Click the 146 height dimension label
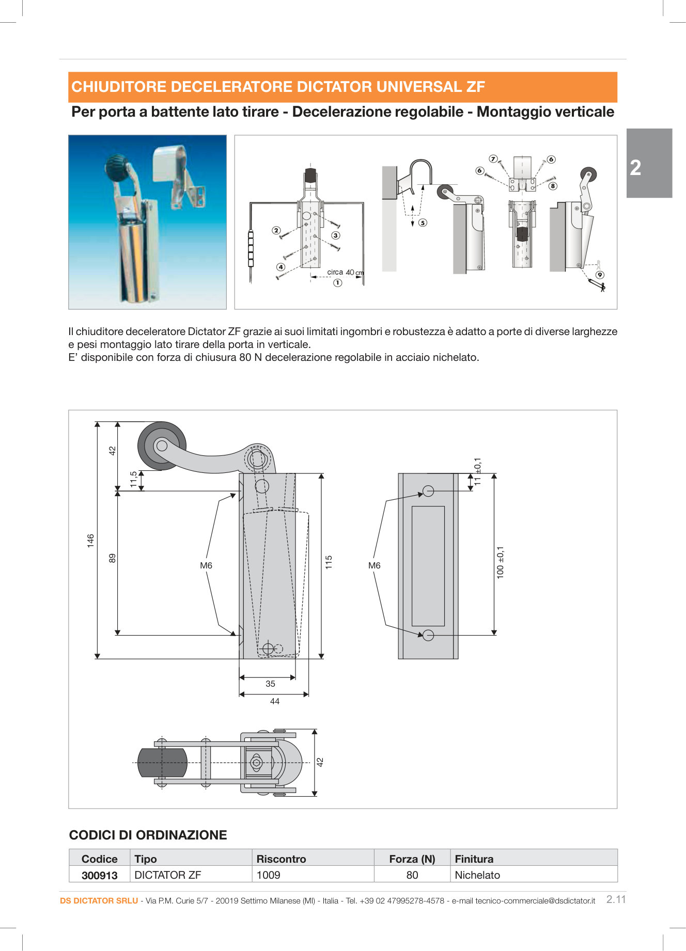91,541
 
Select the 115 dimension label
329,562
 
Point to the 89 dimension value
113,558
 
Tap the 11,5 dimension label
134,479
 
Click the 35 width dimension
270,684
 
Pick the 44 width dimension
275,701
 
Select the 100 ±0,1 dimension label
500,562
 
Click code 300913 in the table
100,876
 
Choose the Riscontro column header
281,859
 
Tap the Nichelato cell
477,875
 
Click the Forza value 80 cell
412,875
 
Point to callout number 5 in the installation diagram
423,223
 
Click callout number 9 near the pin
600,275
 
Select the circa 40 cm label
345,272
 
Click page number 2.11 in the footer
616,899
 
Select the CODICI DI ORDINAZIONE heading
148,835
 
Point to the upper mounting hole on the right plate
428,491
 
